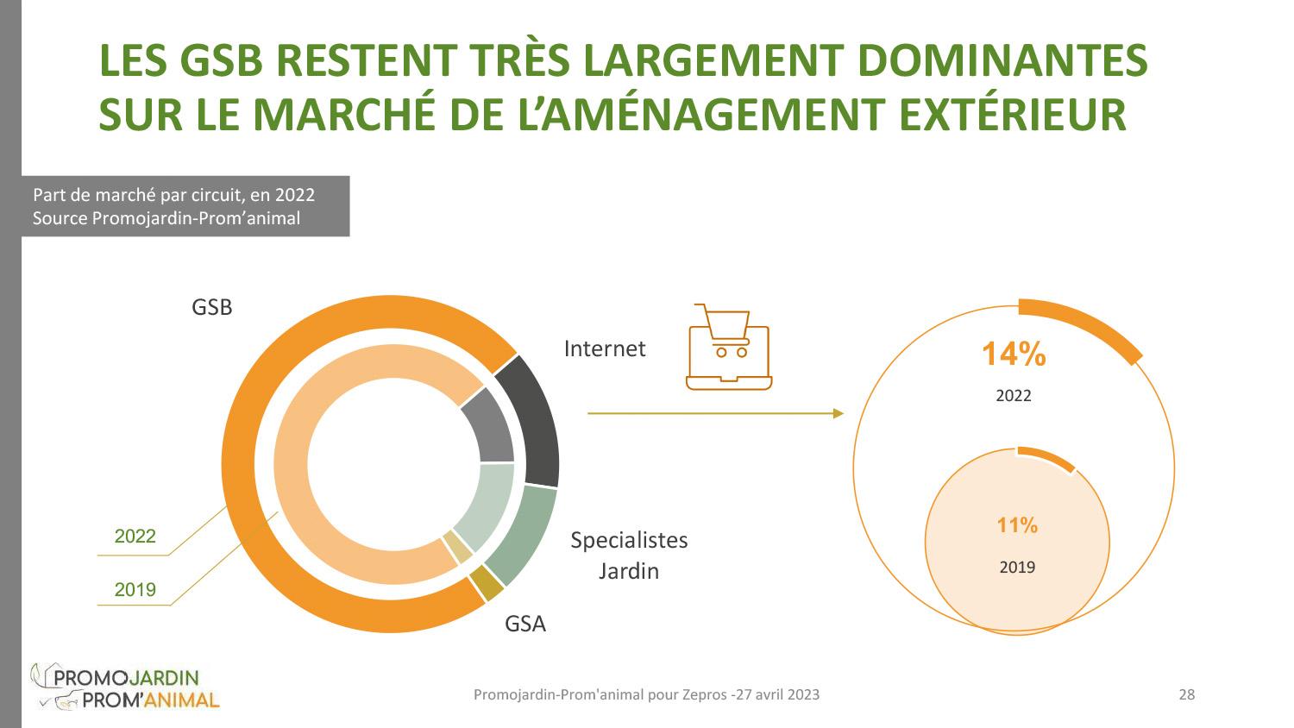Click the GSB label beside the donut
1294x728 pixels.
point(211,307)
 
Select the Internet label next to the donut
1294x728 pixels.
point(604,348)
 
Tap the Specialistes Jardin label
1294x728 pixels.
point(629,555)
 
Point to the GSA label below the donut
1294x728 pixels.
point(525,624)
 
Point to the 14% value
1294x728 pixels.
point(1014,354)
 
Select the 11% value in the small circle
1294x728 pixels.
point(1017,525)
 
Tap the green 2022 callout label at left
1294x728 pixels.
point(135,537)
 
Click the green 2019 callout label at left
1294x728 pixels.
point(135,590)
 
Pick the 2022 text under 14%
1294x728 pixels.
point(1014,396)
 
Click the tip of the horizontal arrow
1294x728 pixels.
point(841,413)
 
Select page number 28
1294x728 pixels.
point(1187,694)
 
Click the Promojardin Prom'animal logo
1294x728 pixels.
point(125,687)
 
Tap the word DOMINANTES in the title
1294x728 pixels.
point(1002,60)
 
